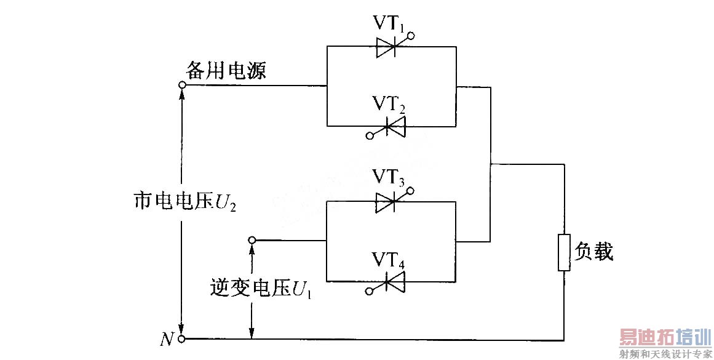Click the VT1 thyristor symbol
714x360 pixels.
coord(389,47)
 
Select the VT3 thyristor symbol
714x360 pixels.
coord(389,201)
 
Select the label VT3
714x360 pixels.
coord(388,177)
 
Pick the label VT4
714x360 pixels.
coord(389,259)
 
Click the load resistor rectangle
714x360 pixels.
coord(563,252)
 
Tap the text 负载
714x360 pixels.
coord(594,251)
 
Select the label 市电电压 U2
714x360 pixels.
coord(185,201)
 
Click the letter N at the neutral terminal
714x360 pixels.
coord(167,339)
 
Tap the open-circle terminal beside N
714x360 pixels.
coord(182,339)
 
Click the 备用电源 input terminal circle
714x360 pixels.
coord(182,86)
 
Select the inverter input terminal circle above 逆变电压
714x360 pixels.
coord(251,240)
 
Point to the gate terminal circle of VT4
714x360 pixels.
coord(369,290)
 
